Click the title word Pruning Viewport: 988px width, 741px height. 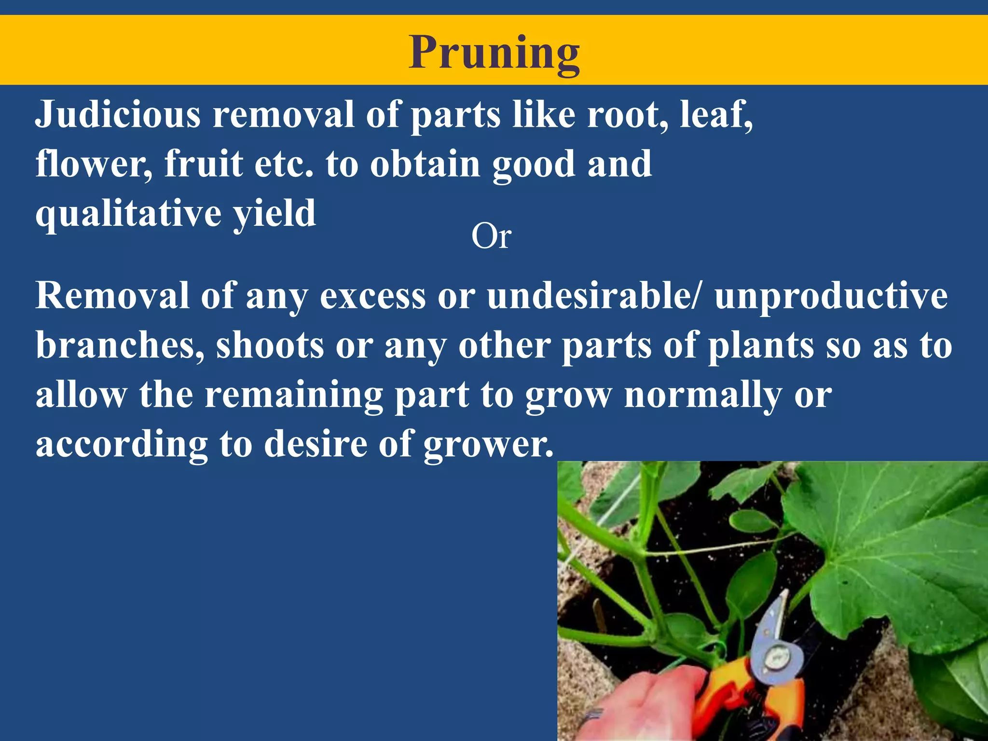click(494, 53)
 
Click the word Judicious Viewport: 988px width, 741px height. click(118, 115)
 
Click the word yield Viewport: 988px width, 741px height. click(275, 214)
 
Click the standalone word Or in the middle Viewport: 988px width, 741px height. click(491, 237)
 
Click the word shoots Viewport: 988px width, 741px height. click(270, 346)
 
